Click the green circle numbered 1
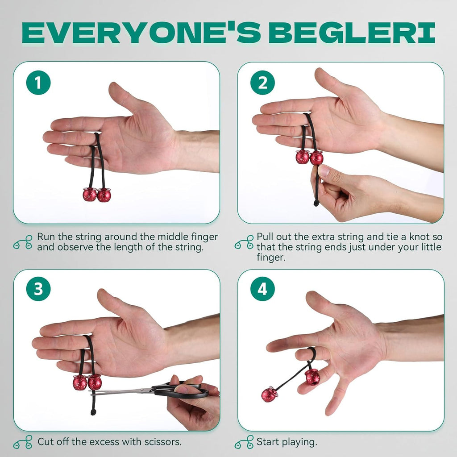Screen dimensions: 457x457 pos(39,83)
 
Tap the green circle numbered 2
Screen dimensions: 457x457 pos(263,83)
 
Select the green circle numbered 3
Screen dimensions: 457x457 pos(39,289)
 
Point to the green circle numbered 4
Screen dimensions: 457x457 pos(263,289)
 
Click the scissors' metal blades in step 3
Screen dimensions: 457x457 pos(120,392)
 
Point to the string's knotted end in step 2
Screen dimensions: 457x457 pos(316,203)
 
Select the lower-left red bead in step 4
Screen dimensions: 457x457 pos(270,394)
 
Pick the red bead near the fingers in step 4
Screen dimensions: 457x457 pos(312,376)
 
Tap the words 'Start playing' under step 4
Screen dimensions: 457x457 pos(287,442)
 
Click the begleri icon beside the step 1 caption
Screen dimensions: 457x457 pos(23,242)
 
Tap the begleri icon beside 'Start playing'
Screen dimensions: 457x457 pos(244,443)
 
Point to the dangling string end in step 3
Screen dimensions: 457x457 pos(93,411)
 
